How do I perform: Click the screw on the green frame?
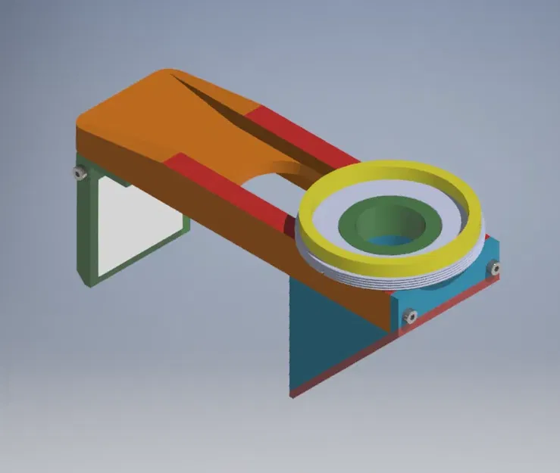[x=78, y=173]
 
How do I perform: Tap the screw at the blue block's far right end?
[x=495, y=267]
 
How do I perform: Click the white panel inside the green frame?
[x=136, y=227]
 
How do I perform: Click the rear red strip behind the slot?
[x=303, y=136]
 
